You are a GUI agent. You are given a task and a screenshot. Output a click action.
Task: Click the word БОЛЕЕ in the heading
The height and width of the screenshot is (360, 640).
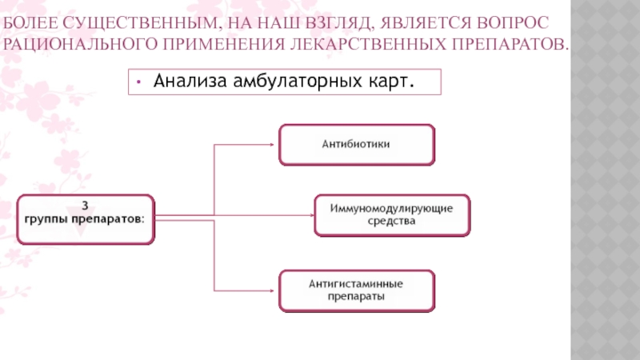30,23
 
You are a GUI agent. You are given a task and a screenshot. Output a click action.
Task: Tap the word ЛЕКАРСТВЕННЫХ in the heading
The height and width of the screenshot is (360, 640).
368,44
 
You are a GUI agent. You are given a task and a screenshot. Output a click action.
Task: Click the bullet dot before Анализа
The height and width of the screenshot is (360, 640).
138,82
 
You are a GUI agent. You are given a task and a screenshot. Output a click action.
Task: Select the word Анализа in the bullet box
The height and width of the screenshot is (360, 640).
190,81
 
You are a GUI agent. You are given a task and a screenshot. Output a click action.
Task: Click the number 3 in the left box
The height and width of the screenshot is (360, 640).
85,206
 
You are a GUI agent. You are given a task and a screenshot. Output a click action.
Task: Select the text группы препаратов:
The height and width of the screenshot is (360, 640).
85,219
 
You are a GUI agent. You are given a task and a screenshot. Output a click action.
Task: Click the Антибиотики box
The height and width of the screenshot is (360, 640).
357,145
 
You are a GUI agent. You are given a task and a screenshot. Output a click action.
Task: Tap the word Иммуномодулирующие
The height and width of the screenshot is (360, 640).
391,209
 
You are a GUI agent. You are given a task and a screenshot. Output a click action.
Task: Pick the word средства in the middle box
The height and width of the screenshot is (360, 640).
391,221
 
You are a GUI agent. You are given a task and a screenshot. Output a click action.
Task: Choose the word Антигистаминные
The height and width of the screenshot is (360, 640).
356,284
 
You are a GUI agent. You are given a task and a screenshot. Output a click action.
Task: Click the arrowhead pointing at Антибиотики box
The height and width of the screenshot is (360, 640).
271,145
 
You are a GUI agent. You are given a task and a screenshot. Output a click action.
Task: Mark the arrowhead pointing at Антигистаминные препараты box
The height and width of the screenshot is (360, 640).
271,290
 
